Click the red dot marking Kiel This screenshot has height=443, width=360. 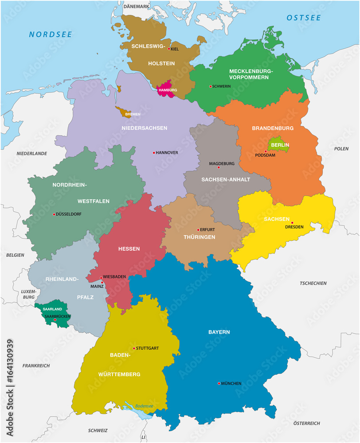tap(169, 49)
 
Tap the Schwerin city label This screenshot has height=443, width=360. tap(222, 86)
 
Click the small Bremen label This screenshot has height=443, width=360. tap(133, 114)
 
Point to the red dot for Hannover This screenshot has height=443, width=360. tap(154, 152)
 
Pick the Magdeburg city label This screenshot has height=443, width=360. tap(222, 163)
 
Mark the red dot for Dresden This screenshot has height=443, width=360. tap(292, 222)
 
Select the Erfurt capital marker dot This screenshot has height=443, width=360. tap(198, 230)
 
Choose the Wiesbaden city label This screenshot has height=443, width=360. tap(115, 277)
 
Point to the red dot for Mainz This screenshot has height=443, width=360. tap(102, 282)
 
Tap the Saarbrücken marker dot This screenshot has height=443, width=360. tap(55, 320)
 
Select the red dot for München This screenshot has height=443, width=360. tap(219, 383)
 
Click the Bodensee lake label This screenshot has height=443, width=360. tap(144, 406)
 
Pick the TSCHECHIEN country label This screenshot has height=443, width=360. tap(313, 283)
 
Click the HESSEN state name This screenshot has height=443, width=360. tap(129, 249)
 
